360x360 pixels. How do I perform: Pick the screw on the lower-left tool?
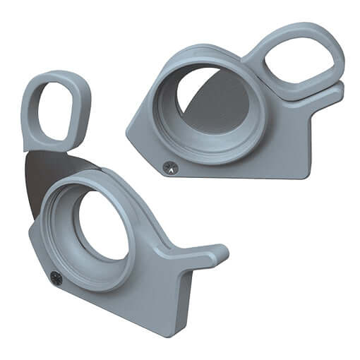point(55,276)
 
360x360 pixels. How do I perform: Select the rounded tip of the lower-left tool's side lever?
point(220,252)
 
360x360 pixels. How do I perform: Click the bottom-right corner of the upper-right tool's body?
point(305,174)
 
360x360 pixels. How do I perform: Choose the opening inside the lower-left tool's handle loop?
point(56,110)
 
